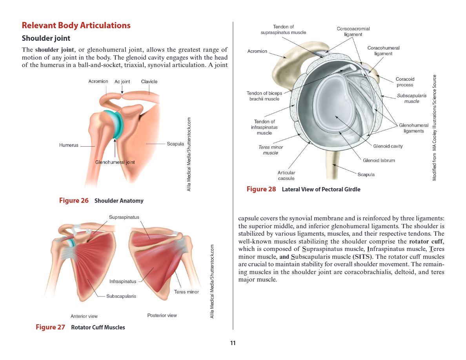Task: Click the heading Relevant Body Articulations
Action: coord(76,25)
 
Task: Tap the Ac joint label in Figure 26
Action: coord(122,82)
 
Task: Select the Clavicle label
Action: coord(149,82)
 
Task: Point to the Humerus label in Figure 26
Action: coord(69,145)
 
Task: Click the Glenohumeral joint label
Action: coord(115,162)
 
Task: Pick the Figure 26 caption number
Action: coord(74,200)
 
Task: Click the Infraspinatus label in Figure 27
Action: coord(123,281)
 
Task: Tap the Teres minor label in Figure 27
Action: coord(186,292)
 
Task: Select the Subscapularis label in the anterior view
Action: coord(121,296)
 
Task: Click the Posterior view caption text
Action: coord(162,315)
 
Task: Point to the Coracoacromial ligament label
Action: coord(353,31)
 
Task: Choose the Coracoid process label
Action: coord(405,82)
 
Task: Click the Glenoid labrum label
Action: coord(379,160)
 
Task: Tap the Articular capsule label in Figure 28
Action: coord(286,175)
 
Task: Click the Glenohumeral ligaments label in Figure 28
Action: coord(413,128)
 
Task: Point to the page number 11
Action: coord(233,343)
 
